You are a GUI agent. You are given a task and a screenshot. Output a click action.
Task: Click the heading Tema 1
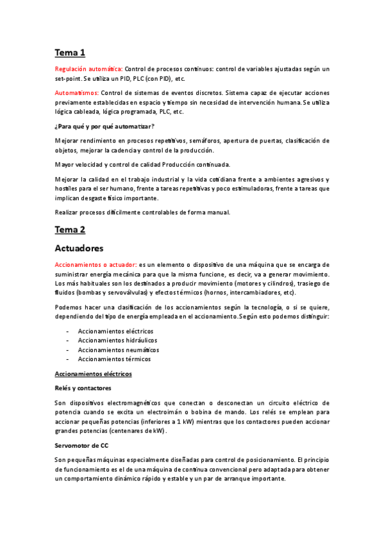(x=70, y=53)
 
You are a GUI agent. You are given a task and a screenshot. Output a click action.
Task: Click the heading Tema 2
(x=70, y=229)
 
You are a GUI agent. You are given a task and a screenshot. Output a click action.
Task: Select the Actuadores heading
(x=79, y=248)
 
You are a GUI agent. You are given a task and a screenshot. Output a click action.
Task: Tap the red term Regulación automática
(x=88, y=69)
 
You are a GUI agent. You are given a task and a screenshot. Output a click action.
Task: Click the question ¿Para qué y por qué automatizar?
(x=104, y=126)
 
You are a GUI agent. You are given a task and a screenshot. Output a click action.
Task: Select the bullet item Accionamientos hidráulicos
(x=117, y=340)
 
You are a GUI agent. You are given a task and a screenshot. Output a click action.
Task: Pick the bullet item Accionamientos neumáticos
(x=118, y=350)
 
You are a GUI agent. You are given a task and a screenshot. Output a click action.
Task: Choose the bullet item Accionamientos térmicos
(x=114, y=359)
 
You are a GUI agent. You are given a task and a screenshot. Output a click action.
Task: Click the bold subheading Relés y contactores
(x=83, y=388)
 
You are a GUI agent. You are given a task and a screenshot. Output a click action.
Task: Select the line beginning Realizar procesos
(x=142, y=212)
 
